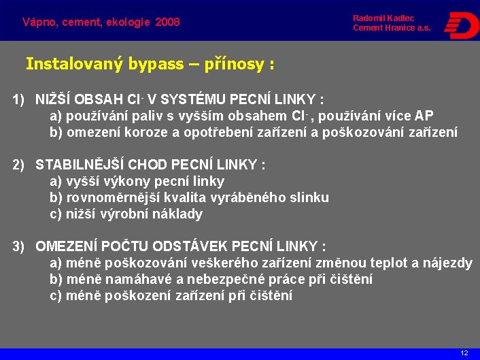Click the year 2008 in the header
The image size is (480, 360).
167,22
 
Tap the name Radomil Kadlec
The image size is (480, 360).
383,18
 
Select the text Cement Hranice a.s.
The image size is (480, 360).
391,28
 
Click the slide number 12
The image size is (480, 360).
464,353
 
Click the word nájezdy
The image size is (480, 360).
447,263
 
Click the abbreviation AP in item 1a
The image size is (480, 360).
424,116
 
